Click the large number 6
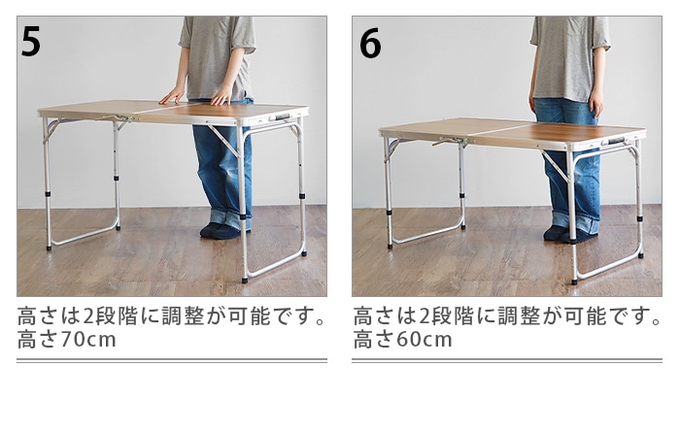coord(369,43)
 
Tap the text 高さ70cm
coord(67,341)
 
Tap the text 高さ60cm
coord(402,341)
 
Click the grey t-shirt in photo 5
coord(216,53)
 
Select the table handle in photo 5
coord(282,116)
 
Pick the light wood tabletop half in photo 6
coord(442,128)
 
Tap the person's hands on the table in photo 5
coord(198,96)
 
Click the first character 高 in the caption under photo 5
coord(28,317)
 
